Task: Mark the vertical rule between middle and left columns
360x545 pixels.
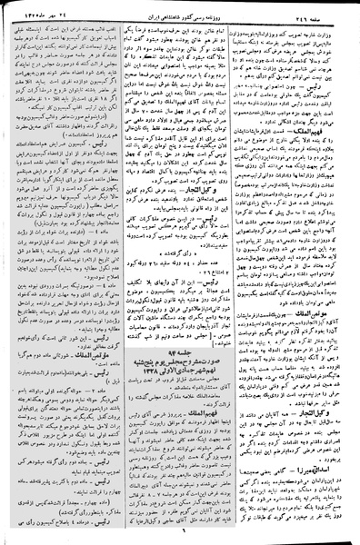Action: tap(123, 272)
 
